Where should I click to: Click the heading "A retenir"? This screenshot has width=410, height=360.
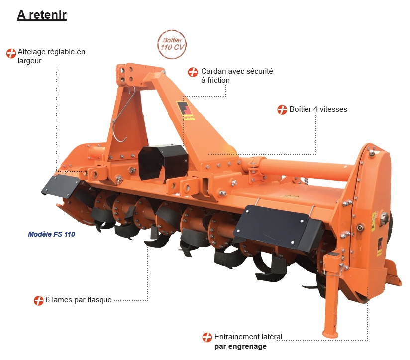(42, 15)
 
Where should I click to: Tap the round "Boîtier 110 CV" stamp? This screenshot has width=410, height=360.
(172, 44)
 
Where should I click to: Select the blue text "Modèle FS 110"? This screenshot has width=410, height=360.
(52, 234)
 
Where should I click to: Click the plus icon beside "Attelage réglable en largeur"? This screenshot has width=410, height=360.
(11, 53)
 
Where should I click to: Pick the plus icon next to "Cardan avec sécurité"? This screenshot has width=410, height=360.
(193, 72)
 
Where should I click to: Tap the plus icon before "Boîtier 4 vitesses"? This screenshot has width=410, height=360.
(282, 110)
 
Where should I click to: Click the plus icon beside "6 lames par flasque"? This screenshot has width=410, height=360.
(38, 300)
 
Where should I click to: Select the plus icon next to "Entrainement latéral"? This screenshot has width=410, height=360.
(207, 337)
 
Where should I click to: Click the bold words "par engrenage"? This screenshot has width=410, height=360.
(240, 347)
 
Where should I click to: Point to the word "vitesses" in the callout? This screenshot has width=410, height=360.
(333, 109)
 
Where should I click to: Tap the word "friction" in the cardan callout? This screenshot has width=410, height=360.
(218, 80)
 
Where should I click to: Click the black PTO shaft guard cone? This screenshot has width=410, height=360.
(163, 163)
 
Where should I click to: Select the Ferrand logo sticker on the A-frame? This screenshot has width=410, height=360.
(185, 111)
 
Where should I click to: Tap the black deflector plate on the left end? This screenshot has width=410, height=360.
(61, 186)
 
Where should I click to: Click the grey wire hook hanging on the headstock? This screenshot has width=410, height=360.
(123, 115)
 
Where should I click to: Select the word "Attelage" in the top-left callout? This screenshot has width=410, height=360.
(31, 52)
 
